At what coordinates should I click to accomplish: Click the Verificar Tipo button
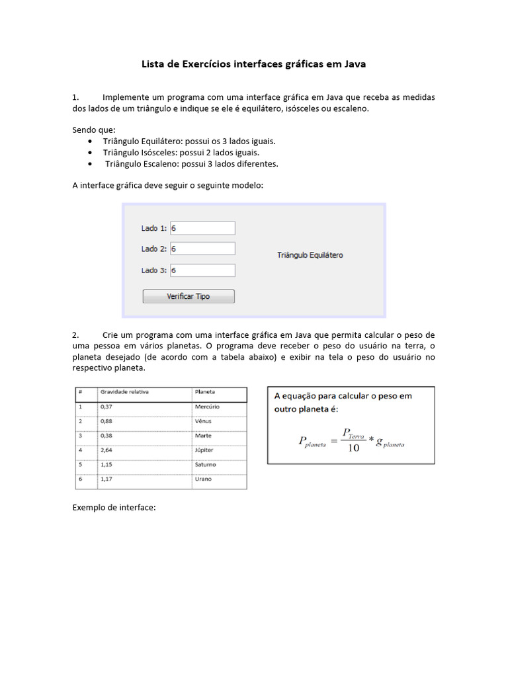(189, 296)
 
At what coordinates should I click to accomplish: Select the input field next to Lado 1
(202, 228)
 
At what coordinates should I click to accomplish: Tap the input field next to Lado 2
(202, 249)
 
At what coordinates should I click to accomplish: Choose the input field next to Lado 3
(202, 270)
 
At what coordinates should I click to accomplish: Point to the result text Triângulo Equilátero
(310, 255)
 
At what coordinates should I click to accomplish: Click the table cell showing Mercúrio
(207, 407)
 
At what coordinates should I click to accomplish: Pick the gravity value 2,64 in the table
(106, 450)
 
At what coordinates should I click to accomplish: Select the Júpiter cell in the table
(204, 450)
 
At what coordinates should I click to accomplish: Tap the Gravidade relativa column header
(124, 391)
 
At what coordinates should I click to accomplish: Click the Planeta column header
(205, 391)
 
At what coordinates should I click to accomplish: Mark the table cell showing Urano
(203, 479)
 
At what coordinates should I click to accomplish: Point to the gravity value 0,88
(106, 421)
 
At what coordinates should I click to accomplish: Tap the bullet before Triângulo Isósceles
(89, 153)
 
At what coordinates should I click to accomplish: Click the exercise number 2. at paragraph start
(76, 335)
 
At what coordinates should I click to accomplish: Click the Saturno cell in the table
(206, 464)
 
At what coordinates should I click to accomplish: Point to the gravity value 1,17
(106, 479)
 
